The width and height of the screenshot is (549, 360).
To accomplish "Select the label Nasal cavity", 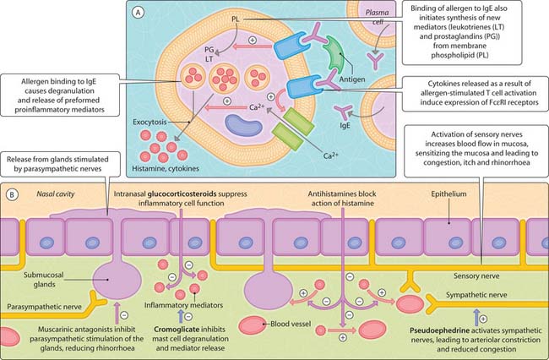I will [x=45, y=193].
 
